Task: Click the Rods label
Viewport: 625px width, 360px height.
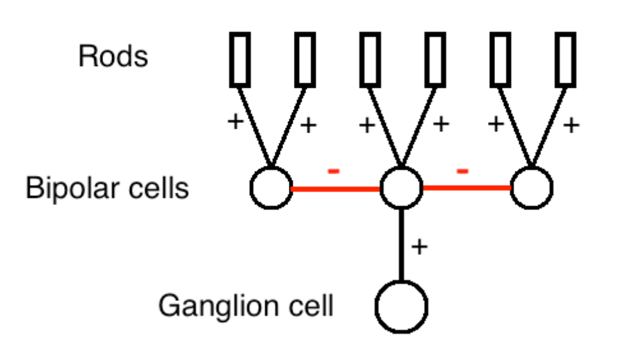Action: click(113, 56)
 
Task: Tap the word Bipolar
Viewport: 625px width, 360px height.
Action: click(67, 189)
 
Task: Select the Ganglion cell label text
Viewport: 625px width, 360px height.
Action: click(246, 306)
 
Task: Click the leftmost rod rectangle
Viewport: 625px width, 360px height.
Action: click(239, 59)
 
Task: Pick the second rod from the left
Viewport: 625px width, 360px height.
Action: click(305, 59)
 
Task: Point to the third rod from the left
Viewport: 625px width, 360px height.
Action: click(369, 59)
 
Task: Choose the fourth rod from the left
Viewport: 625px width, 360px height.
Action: click(435, 59)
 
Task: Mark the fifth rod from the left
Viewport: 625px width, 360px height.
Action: click(500, 59)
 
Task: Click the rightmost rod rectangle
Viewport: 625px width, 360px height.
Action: click(565, 59)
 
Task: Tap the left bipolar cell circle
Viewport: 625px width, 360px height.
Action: click(271, 188)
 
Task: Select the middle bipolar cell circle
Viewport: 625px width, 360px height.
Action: click(402, 188)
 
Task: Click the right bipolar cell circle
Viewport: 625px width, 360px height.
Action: click(532, 188)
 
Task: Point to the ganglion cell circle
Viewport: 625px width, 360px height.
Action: click(402, 307)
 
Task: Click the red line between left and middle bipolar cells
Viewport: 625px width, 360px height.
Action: click(336, 189)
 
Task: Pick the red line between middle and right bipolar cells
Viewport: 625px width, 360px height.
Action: click(466, 188)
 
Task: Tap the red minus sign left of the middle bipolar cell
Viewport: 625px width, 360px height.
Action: click(334, 171)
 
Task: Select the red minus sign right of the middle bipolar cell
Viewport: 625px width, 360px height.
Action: click(463, 171)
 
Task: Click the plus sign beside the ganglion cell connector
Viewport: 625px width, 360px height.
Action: click(419, 247)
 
